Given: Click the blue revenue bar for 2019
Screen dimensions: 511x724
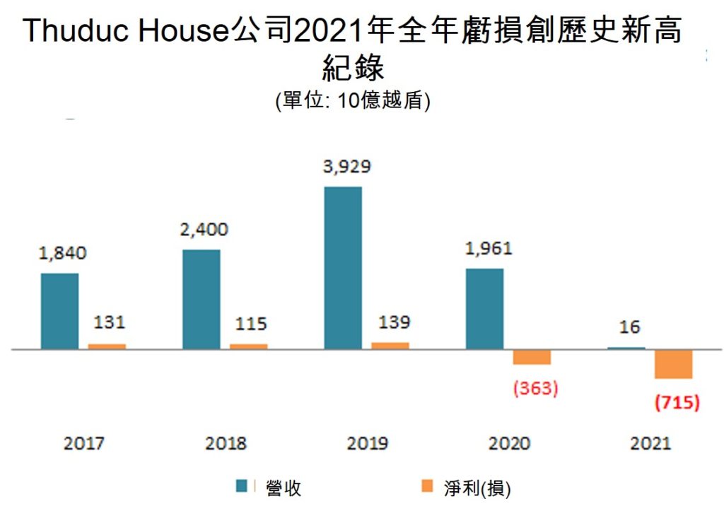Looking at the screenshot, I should [x=343, y=268].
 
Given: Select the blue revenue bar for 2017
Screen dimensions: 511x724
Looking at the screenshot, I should [x=59, y=311].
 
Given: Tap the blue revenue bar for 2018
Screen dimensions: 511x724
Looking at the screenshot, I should [x=202, y=299].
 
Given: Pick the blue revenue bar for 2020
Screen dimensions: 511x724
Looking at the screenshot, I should [x=485, y=309].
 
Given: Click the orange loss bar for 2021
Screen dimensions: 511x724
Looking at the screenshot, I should [x=673, y=364].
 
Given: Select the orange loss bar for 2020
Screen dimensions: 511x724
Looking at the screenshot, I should [x=532, y=357].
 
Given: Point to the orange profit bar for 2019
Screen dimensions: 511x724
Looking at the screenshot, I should [x=390, y=346].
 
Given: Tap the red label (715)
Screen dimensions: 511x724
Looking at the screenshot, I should [x=677, y=403].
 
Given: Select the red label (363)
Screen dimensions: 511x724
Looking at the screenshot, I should [x=535, y=388].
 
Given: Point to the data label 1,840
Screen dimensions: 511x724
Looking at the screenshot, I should [x=62, y=253].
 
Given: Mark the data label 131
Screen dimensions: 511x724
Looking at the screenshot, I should [x=109, y=323].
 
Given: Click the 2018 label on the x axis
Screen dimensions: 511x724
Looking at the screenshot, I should [x=226, y=444].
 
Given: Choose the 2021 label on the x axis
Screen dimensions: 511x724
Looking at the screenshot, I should [x=650, y=444].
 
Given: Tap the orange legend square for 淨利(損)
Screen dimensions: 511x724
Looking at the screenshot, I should [x=426, y=486].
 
